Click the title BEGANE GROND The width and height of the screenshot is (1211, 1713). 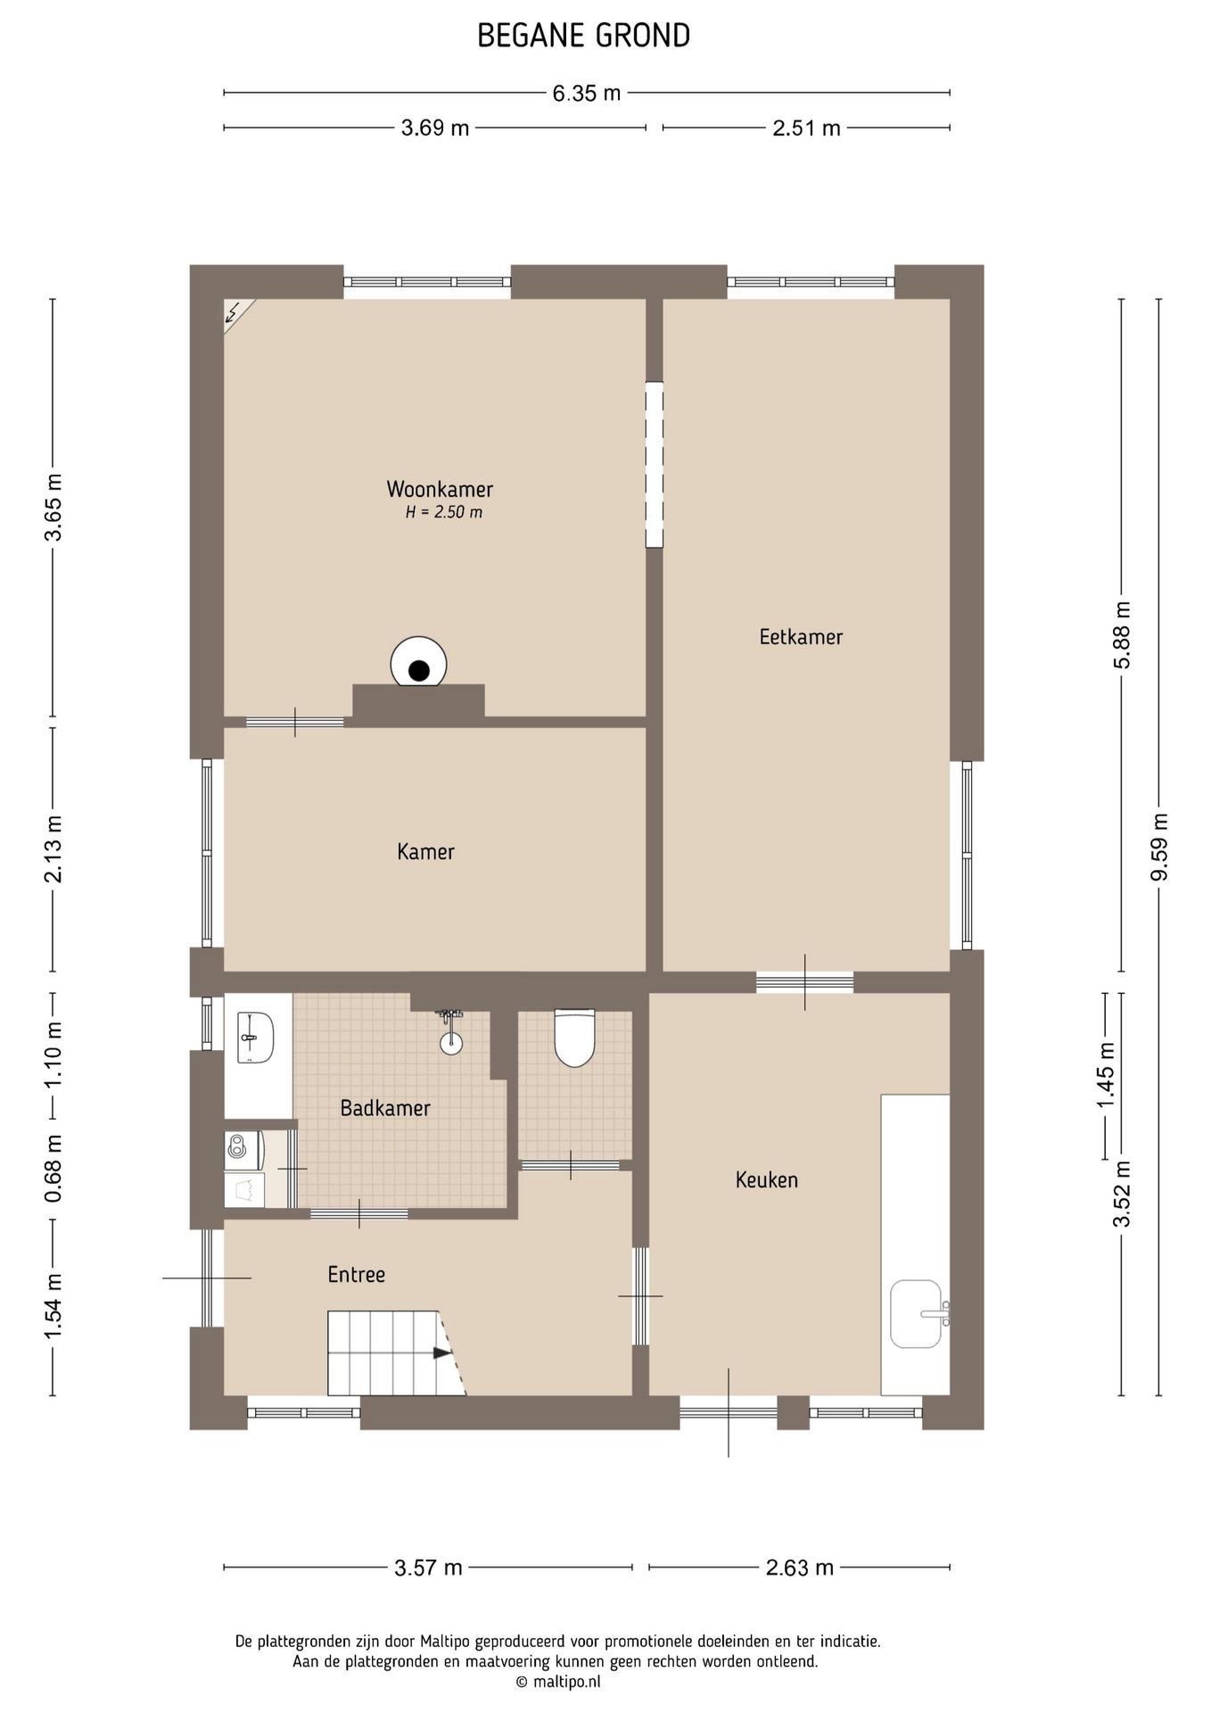pos(584,36)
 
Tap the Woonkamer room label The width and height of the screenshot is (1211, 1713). pos(440,489)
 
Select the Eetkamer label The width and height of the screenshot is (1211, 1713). pos(801,636)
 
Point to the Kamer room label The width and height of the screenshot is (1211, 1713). pos(425,851)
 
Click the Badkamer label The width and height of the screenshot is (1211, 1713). pos(385,1108)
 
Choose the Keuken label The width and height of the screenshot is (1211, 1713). pos(767,1179)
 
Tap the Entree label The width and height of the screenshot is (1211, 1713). pos(356,1274)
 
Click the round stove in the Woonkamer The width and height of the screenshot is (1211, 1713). pos(419,662)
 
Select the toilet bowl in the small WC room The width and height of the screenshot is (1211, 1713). pos(574,1038)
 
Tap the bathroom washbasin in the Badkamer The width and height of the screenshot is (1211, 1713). pos(255,1038)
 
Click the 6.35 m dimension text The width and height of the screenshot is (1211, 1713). pos(587,93)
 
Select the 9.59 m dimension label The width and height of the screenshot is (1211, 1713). pos(1159,847)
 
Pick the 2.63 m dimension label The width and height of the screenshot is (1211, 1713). pos(800,1567)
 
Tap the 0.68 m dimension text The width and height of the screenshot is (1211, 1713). pos(54,1168)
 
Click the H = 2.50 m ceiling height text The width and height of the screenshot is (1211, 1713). pos(444,512)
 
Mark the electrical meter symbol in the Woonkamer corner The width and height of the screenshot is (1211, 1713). pos(237,314)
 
